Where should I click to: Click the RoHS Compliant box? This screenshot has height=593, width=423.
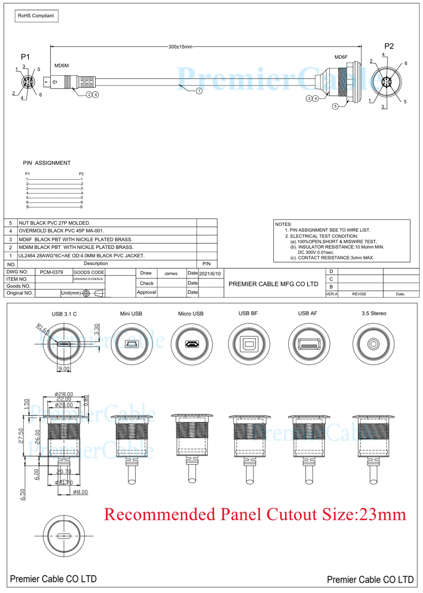36,16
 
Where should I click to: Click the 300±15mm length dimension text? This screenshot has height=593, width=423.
180,47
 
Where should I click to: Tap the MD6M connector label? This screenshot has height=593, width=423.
61,66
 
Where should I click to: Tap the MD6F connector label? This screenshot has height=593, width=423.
341,57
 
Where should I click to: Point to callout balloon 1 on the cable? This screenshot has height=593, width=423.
199,91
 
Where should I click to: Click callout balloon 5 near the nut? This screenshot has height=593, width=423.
335,106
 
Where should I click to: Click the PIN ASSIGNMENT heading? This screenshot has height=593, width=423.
47,163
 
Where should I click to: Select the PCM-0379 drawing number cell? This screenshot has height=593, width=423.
52,272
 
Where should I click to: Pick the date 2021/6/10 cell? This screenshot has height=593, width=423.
210,274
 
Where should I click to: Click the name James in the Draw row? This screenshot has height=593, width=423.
171,274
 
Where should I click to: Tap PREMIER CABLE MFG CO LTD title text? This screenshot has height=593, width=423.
273,284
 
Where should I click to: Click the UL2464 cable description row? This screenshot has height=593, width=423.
81,256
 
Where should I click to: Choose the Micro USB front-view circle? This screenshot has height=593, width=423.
192,344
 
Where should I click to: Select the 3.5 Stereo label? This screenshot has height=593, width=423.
374,313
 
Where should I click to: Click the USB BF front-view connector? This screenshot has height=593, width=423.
249,344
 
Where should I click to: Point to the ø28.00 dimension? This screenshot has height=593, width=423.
64,394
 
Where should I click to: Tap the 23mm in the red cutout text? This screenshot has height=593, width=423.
382,515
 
